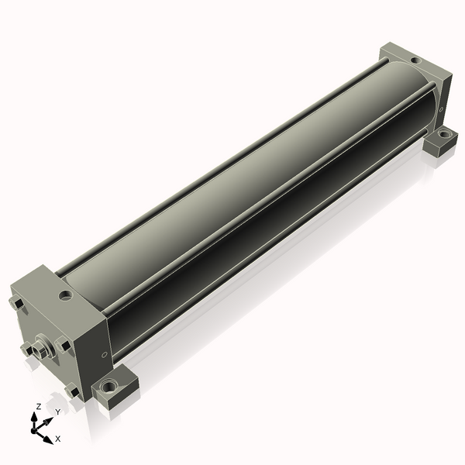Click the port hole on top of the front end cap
click(66, 295)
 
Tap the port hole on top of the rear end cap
click(415, 60)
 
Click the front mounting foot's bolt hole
click(108, 386)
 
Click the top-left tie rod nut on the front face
click(16, 303)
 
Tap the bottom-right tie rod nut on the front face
click(72, 391)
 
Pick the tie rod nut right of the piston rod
click(64, 344)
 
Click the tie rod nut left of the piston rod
click(27, 349)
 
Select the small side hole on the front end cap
click(104, 354)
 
